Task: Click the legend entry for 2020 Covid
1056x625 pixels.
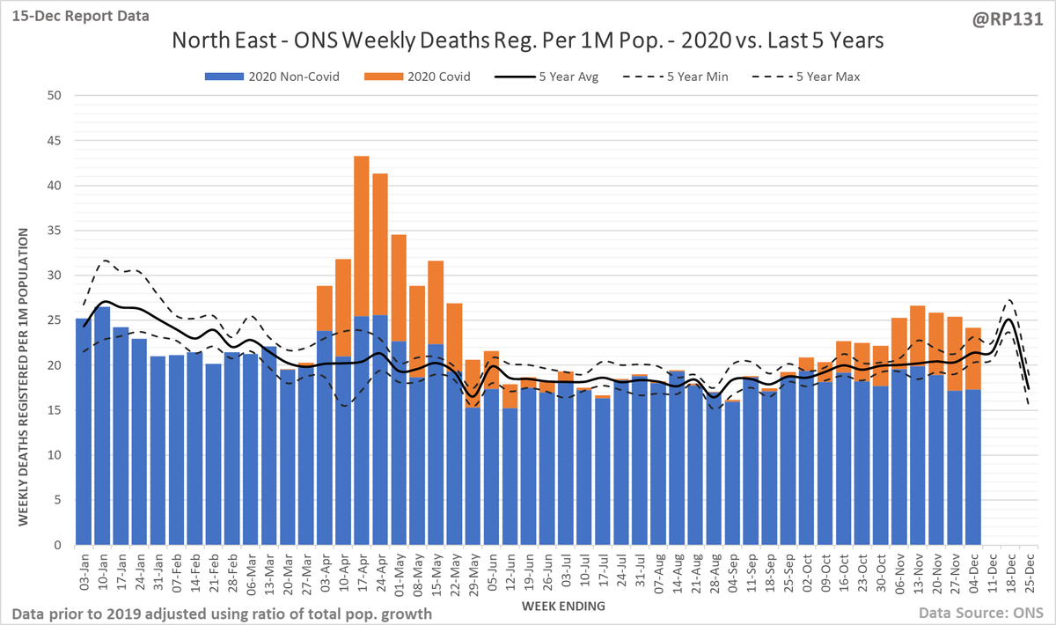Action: click(434, 77)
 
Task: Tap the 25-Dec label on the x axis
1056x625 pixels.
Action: click(1027, 572)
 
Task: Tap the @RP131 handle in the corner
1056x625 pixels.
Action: click(1016, 16)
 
